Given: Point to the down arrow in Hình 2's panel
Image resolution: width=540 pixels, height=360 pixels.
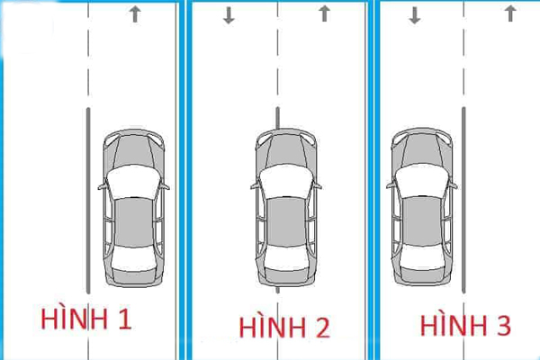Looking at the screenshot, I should click(x=229, y=15).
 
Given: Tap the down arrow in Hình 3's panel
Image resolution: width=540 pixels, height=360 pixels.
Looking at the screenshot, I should click(x=415, y=15).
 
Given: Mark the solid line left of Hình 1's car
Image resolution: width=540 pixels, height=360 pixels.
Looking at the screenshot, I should click(x=87, y=198).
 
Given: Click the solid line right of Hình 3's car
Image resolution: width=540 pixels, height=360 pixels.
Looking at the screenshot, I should click(x=463, y=198).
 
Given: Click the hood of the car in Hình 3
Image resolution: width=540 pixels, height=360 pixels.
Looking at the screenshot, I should click(x=422, y=148).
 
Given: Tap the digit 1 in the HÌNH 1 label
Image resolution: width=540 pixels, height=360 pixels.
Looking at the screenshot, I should click(x=125, y=318).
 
